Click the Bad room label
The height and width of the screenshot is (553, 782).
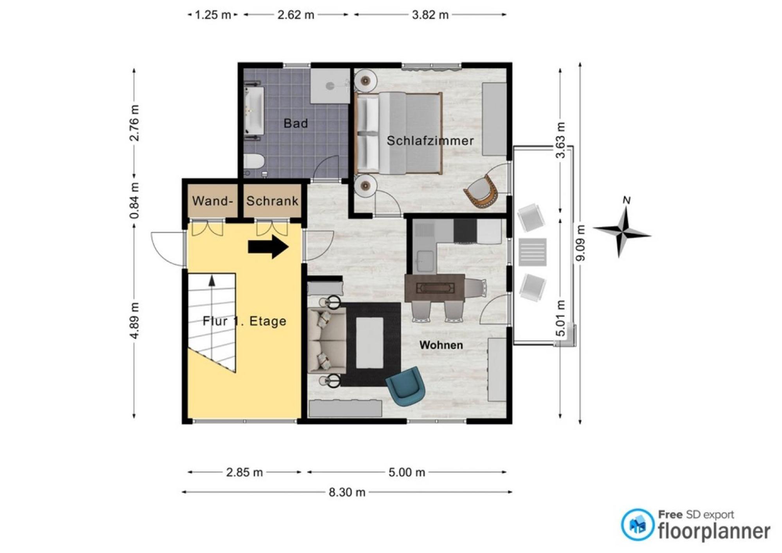point(296,123)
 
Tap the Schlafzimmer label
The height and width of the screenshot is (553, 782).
point(430,141)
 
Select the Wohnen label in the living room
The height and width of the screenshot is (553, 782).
point(441,345)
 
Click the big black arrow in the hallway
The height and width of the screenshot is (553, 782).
point(268,247)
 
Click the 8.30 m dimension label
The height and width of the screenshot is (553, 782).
point(347,492)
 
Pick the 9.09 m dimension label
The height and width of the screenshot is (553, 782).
point(581,243)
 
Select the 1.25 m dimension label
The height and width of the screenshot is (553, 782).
point(212,15)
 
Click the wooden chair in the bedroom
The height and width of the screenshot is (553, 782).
point(481,191)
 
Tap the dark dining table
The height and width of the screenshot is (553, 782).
point(434,288)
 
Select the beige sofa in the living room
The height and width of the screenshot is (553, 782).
point(327,340)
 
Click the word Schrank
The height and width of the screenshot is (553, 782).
point(272,201)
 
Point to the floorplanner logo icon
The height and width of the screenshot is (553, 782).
point(637,525)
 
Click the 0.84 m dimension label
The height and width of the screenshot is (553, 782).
point(135,200)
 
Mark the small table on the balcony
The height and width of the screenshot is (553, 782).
point(533,252)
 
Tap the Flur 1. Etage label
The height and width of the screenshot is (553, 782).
point(244,321)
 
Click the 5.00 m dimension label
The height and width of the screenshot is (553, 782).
point(407,472)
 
